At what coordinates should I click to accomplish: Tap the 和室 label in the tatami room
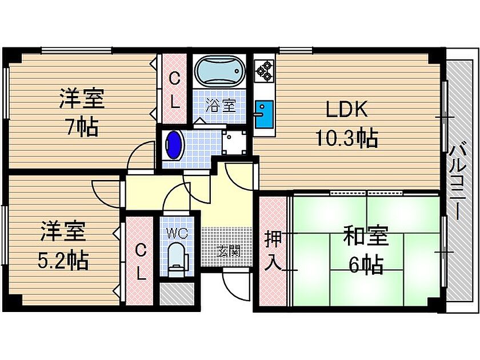coord(366,236)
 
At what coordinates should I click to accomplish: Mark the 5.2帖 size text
coord(63,260)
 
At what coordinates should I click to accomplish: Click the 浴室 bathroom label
coord(221,105)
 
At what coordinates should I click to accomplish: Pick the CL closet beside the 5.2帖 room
coord(141,260)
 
